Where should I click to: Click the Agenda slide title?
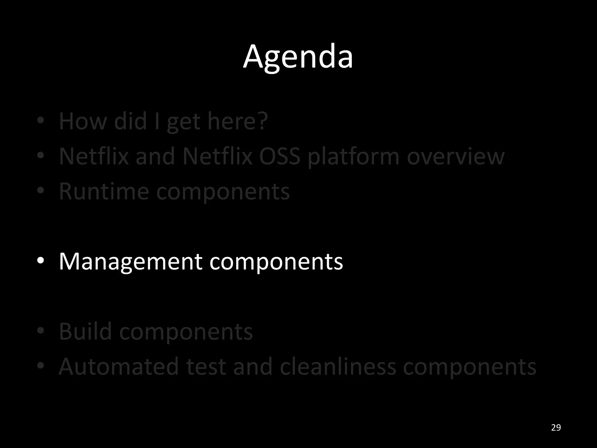[x=298, y=57]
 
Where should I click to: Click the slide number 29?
[x=556, y=428]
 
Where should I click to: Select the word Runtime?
[x=103, y=191]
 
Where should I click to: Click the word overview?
[x=455, y=156]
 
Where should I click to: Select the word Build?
[x=85, y=331]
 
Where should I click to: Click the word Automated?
[x=119, y=367]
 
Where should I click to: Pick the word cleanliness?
[x=338, y=367]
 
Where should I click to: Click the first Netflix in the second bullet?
[x=94, y=156]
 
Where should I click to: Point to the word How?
[x=83, y=121]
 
